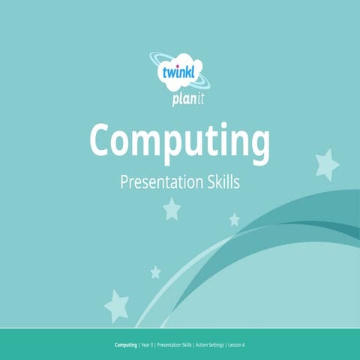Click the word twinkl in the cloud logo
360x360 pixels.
coord(179,73)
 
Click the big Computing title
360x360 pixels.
coord(179,140)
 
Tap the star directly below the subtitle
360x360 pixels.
coord(172,208)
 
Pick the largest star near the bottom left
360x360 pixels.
coord(117,304)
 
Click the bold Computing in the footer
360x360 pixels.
coord(125,345)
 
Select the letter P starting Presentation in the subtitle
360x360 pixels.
coord(124,182)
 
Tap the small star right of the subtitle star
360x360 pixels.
coord(234,219)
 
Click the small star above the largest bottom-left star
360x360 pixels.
coord(155,271)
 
